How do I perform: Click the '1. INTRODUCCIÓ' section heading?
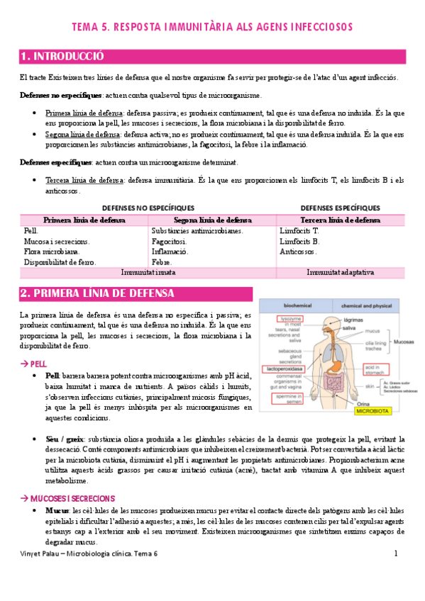click(x=63, y=57)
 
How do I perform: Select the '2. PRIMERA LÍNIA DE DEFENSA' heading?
click(x=97, y=293)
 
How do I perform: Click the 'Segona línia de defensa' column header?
click(x=212, y=220)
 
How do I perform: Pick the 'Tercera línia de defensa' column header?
click(x=341, y=220)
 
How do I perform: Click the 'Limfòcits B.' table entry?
click(x=300, y=242)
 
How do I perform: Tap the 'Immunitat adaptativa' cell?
click(x=341, y=273)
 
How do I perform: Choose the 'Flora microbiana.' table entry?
click(x=52, y=252)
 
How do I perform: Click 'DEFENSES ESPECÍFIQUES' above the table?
click(x=341, y=208)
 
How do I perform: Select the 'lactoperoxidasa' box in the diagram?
click(x=283, y=369)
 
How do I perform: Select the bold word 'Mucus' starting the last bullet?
click(x=57, y=510)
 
